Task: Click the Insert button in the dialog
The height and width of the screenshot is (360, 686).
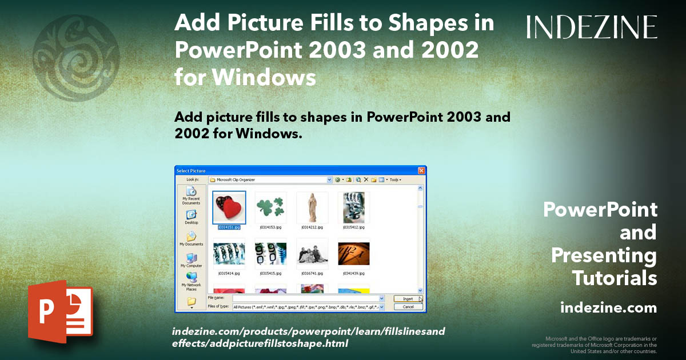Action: [408, 298]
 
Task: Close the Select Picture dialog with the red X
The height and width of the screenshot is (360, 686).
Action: [421, 170]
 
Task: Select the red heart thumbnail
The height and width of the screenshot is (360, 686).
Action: [229, 207]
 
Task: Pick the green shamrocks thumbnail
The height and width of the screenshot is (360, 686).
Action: [270, 207]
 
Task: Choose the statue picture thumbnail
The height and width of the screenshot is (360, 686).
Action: [312, 207]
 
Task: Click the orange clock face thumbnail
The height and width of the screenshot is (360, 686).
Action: [353, 254]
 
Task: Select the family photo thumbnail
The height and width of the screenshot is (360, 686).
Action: [312, 254]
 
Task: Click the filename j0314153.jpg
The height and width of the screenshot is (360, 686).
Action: [270, 227]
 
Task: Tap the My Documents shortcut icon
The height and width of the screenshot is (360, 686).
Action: [191, 236]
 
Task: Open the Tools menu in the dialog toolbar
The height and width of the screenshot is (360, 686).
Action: [395, 179]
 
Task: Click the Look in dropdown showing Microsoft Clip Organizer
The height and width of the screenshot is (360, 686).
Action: [271, 179]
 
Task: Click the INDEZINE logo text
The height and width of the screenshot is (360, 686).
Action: [592, 27]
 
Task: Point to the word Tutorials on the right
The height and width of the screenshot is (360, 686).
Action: [615, 278]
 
